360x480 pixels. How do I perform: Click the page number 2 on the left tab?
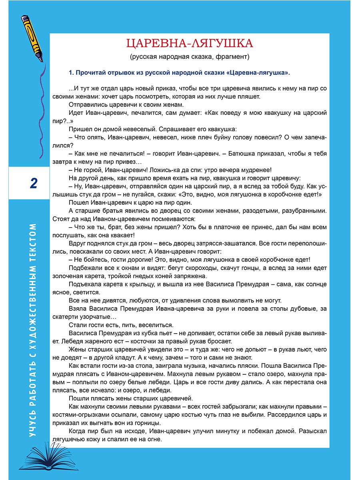[34, 184]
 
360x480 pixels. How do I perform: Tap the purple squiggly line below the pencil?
[40, 112]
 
